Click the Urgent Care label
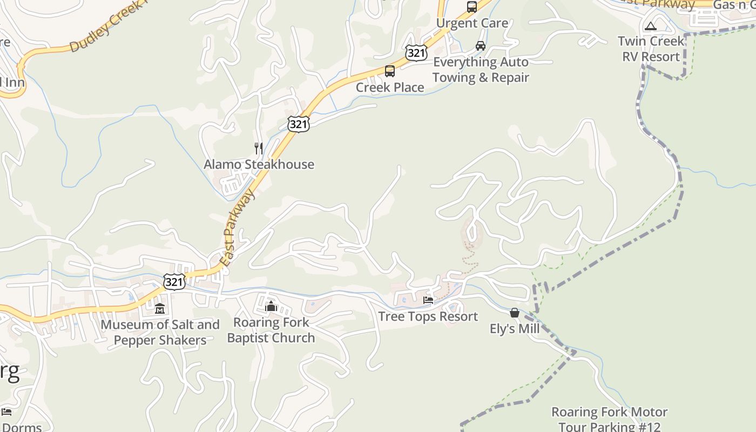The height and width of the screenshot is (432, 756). [472, 23]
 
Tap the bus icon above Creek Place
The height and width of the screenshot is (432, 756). [389, 71]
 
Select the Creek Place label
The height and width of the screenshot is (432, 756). [389, 87]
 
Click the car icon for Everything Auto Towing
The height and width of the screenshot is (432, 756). [480, 46]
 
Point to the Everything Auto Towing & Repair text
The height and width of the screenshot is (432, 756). [481, 70]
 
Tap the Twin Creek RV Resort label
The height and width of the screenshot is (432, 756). [651, 49]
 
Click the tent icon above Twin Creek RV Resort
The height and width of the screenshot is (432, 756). [651, 26]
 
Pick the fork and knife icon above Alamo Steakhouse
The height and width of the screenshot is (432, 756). [259, 148]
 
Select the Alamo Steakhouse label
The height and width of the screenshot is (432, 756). [259, 164]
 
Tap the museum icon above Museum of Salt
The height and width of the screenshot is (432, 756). [160, 309]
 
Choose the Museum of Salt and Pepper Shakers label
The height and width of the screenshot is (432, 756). [160, 332]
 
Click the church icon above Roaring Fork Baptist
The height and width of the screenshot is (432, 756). [271, 307]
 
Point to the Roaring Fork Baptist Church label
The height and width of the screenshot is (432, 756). [271, 330]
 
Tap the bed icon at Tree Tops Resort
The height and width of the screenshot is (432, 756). [428, 300]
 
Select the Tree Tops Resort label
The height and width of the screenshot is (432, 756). [428, 316]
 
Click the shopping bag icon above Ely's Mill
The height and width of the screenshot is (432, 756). [515, 313]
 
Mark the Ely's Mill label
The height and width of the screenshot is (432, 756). [515, 329]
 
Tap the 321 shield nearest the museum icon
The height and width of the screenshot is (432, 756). [174, 281]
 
